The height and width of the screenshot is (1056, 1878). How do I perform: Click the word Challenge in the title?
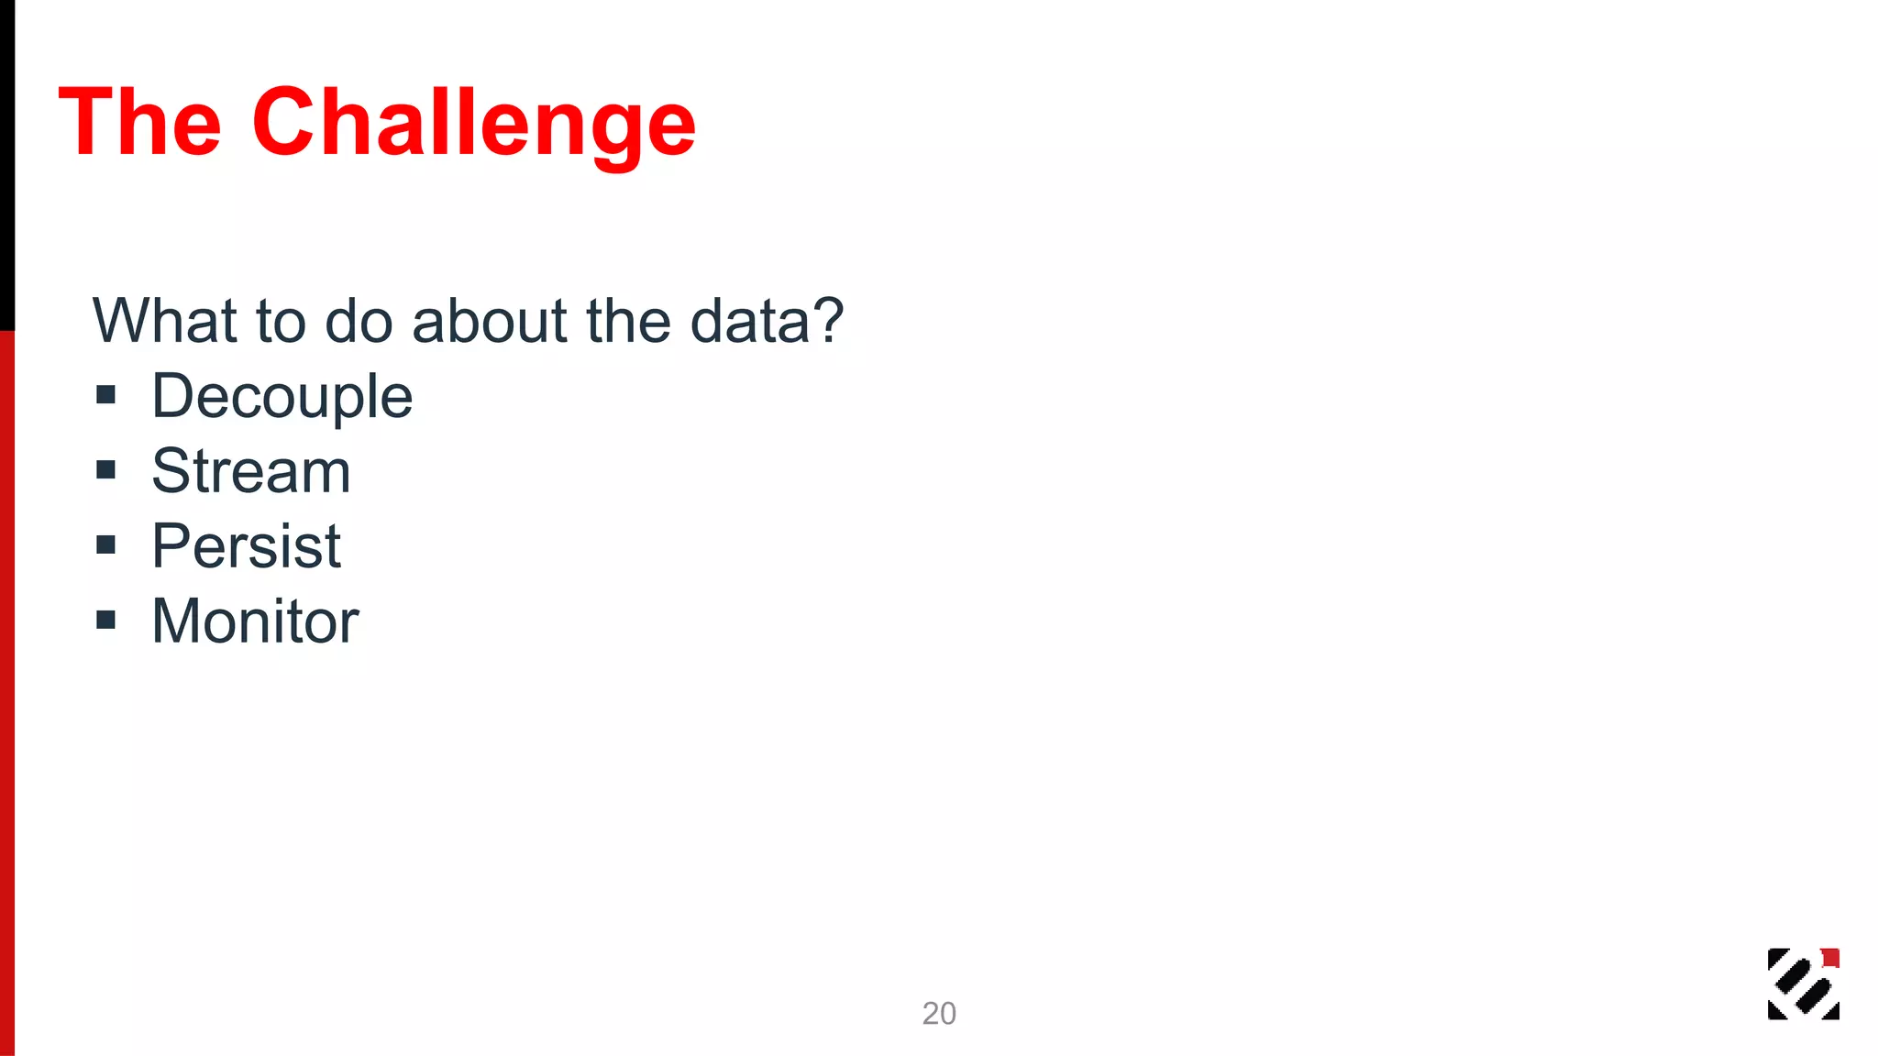(473, 125)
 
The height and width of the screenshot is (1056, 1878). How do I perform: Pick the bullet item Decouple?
(282, 397)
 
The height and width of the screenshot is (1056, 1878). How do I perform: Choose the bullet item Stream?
(250, 471)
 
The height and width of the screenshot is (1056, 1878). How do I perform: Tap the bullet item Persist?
(246, 546)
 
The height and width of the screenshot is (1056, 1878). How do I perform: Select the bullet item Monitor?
(255, 621)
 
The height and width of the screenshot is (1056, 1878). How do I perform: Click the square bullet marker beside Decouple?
(106, 395)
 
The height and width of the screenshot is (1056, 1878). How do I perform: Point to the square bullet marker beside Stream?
(106, 470)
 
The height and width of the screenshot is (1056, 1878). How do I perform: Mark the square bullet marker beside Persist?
(106, 545)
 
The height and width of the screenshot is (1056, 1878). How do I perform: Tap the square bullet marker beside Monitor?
(106, 621)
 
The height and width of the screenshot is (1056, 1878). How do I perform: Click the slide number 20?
(939, 1013)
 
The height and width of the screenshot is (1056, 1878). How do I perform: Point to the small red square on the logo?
(1830, 958)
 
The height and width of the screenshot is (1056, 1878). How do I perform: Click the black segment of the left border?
(6, 165)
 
